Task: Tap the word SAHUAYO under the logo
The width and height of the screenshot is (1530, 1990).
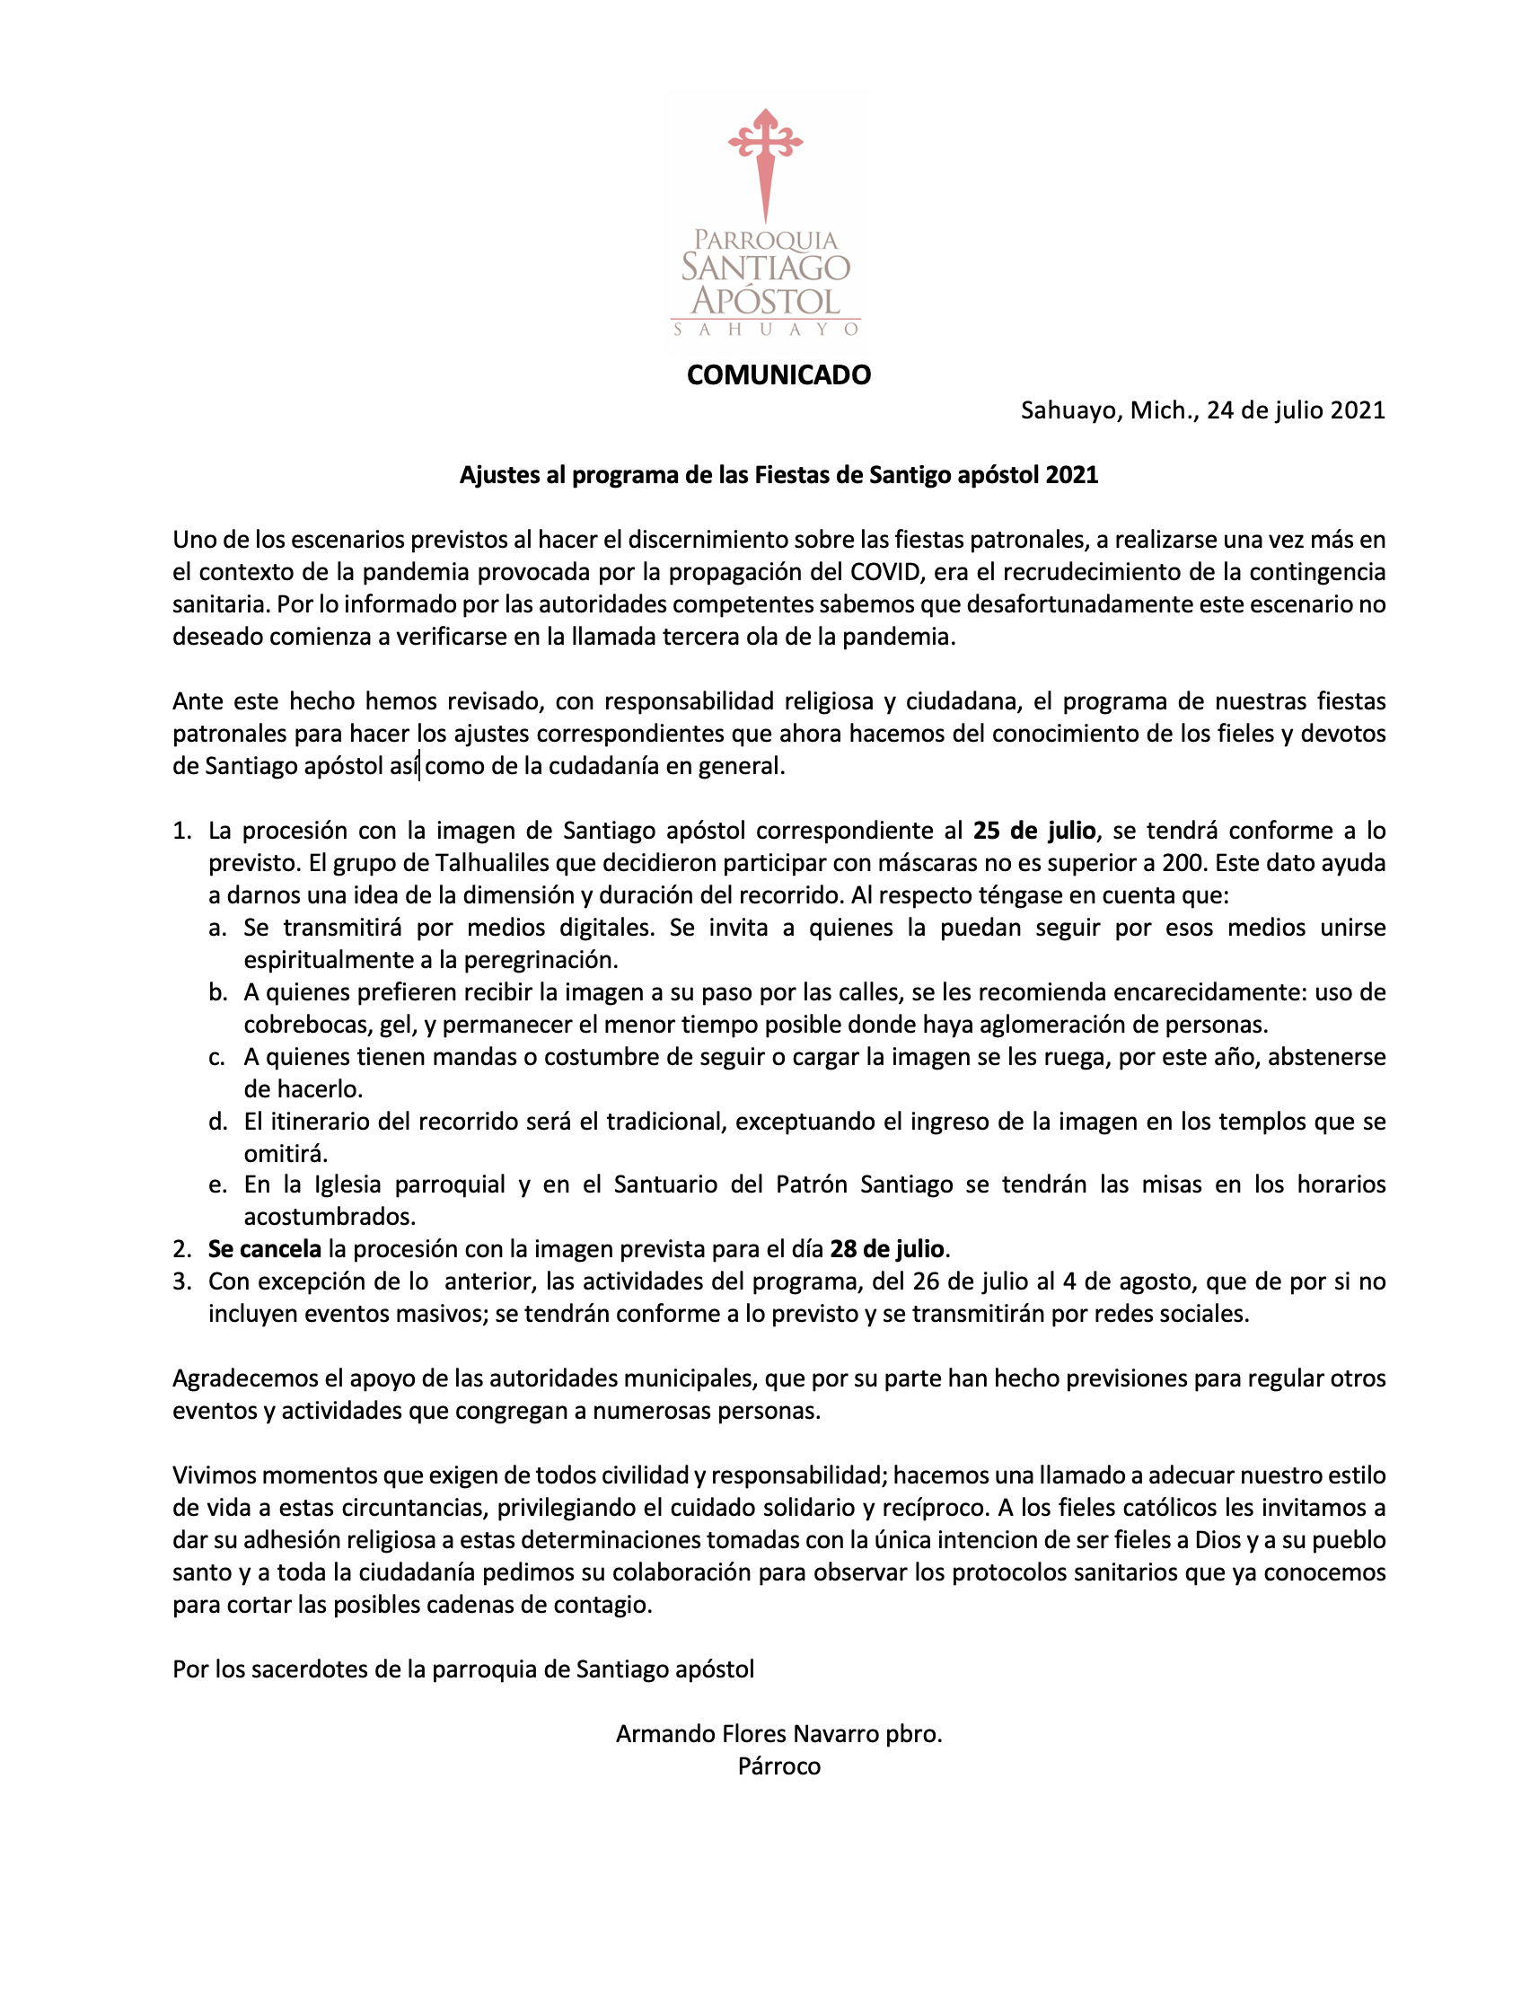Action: pyautogui.click(x=765, y=330)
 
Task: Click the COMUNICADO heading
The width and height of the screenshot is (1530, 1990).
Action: pyautogui.click(x=778, y=374)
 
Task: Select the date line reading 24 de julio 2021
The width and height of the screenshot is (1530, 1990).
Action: pyautogui.click(x=1202, y=409)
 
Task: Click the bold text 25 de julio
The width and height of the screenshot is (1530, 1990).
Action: pyautogui.click(x=1033, y=831)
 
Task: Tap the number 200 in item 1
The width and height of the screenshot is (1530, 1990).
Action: pyautogui.click(x=1185, y=862)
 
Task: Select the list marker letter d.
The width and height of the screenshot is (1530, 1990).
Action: pyautogui.click(x=216, y=1121)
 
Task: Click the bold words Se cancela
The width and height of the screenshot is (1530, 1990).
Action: pyautogui.click(x=264, y=1248)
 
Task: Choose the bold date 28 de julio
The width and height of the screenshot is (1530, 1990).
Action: pyautogui.click(x=886, y=1248)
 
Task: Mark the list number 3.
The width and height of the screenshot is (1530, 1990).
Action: pyautogui.click(x=181, y=1281)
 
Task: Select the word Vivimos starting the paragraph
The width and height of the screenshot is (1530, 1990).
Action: pyautogui.click(x=214, y=1475)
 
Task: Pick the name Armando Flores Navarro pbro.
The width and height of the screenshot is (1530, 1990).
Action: pyautogui.click(x=778, y=1733)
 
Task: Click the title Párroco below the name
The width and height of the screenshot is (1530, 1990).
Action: pyautogui.click(x=778, y=1766)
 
